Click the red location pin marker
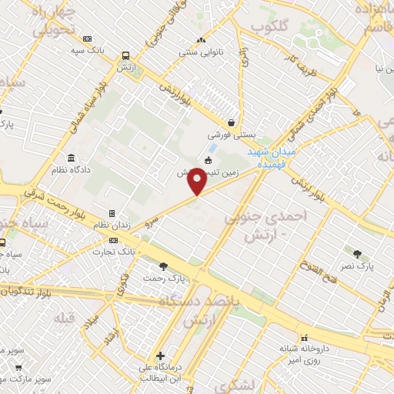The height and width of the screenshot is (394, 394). point(198,182)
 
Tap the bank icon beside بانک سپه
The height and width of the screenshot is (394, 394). point(87,38)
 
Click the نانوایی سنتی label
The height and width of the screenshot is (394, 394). point(200,54)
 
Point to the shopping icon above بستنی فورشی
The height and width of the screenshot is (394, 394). point(231,122)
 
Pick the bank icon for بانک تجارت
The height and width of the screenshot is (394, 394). point(114,240)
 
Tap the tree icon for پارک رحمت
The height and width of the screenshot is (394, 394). point(151,265)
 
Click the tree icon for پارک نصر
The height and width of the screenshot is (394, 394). point(358,253)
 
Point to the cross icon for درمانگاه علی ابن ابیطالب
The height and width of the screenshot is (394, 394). point(160,356)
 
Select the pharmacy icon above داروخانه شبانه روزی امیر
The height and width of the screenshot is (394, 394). point(305,337)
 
